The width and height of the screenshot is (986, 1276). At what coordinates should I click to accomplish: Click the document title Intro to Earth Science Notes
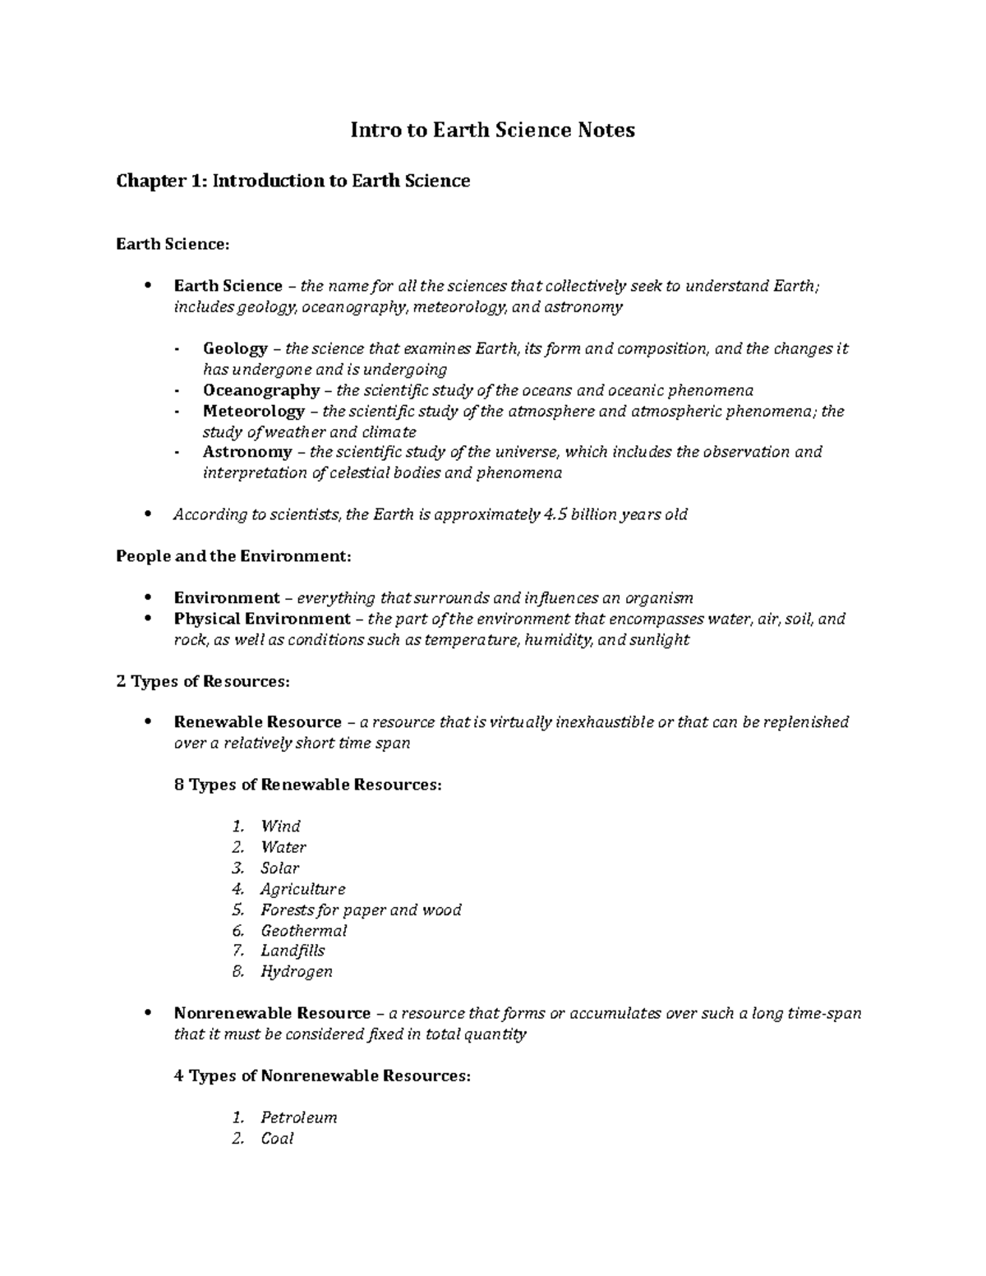tap(493, 130)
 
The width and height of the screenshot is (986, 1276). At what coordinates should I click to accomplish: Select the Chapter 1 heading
tap(293, 181)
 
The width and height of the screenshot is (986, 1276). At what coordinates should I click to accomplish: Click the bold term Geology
tap(235, 348)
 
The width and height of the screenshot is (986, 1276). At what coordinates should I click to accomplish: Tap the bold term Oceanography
tap(260, 390)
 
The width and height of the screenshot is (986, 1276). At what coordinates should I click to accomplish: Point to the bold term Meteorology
tap(254, 411)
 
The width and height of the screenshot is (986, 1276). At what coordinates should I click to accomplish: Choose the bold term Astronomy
tap(247, 452)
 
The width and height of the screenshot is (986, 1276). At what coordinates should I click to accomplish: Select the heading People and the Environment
tap(233, 556)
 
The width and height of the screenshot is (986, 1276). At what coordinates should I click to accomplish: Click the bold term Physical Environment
tap(262, 619)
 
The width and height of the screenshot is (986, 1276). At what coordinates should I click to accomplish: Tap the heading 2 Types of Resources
tap(202, 681)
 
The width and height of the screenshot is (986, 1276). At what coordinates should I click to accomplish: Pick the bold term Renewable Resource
tap(257, 722)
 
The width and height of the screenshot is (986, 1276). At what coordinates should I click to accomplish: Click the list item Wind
tap(280, 827)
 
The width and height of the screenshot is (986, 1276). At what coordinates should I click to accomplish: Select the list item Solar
tap(279, 868)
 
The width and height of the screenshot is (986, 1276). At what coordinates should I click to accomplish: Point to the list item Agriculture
tap(302, 889)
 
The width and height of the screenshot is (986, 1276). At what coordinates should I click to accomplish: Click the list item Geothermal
tap(303, 930)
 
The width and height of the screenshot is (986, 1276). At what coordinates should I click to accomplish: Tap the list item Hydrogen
tap(296, 972)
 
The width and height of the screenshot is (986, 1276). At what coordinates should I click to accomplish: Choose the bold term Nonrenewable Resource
tap(272, 1013)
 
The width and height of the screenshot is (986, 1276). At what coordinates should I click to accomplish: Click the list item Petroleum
tap(298, 1117)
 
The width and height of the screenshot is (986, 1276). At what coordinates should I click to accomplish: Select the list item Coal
tap(277, 1139)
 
